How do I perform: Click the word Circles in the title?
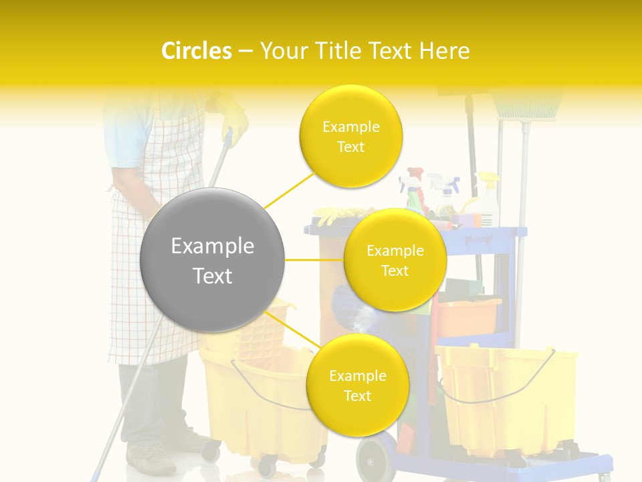(x=197, y=51)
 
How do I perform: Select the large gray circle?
(x=212, y=260)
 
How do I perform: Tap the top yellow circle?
(x=350, y=136)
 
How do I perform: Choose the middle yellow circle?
(x=395, y=260)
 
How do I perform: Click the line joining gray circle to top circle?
(x=289, y=189)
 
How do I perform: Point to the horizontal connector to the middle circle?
(x=314, y=260)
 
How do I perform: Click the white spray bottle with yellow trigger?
(x=490, y=201)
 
